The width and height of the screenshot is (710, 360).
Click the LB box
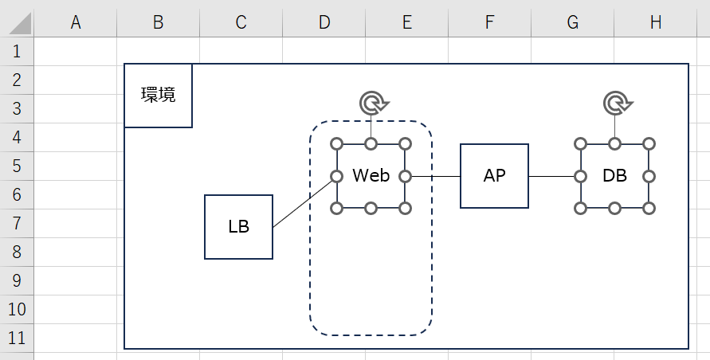click(x=238, y=227)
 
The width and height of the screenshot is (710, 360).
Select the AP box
click(x=494, y=176)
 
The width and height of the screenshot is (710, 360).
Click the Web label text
click(x=371, y=176)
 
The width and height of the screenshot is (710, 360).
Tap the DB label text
click(x=614, y=176)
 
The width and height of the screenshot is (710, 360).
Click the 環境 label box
click(x=158, y=96)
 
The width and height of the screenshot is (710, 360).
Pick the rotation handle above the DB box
click(x=615, y=103)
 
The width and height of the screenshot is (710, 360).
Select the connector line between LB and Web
click(x=303, y=202)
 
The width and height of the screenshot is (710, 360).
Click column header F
click(x=489, y=23)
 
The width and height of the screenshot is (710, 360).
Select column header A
click(x=76, y=23)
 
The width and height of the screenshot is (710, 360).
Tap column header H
click(x=655, y=23)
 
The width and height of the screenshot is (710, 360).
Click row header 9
click(x=18, y=280)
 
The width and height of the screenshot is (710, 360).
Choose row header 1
click(x=18, y=52)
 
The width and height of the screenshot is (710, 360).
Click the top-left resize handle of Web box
click(x=336, y=144)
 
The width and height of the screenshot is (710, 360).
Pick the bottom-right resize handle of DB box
click(x=649, y=208)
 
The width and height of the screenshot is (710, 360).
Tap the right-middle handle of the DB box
click(x=649, y=176)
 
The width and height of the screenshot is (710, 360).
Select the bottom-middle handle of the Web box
click(x=371, y=208)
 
